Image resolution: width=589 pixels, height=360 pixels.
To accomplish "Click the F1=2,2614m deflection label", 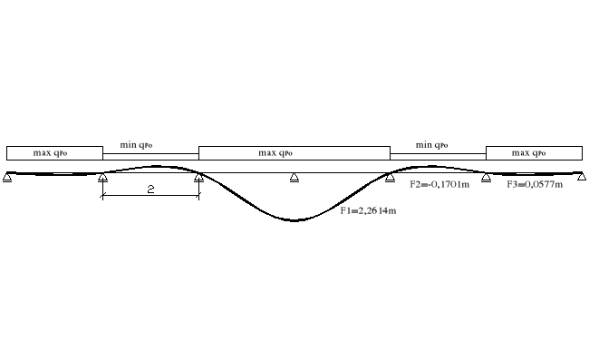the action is [x=368, y=210].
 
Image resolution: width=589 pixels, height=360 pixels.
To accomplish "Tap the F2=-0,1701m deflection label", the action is [x=439, y=184].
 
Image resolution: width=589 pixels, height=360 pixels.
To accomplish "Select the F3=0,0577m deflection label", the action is [x=535, y=184].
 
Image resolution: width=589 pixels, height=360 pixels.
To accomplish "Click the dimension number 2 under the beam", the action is [x=150, y=189].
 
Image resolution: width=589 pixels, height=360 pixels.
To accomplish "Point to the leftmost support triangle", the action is [x=7, y=177].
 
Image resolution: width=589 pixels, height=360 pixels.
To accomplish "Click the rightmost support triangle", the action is [x=582, y=177].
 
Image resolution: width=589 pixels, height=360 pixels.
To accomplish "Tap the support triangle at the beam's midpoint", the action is [x=294, y=178].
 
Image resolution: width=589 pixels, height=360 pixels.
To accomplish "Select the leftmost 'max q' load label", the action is [x=50, y=153].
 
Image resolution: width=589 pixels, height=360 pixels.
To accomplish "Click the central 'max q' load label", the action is [x=275, y=153].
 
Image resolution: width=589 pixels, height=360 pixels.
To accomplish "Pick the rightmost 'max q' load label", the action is [x=528, y=153].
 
